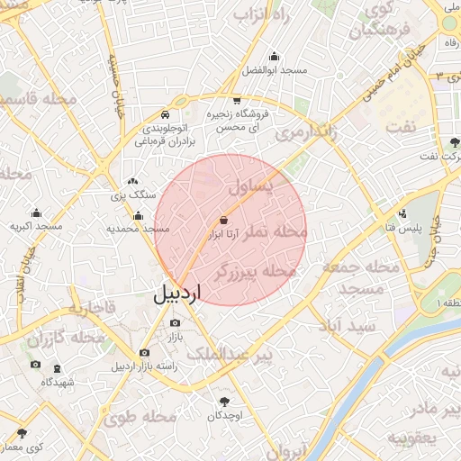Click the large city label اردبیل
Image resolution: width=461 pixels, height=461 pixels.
[x=178, y=294]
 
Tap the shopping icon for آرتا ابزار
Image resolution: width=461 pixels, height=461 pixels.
[x=223, y=220]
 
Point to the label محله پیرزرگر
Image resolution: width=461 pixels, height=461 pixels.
[x=257, y=271]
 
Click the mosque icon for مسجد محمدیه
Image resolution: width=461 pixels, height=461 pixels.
[x=138, y=215]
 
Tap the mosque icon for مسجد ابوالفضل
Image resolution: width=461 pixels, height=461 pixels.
[x=274, y=56]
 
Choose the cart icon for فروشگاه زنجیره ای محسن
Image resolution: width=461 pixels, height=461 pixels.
[x=237, y=101]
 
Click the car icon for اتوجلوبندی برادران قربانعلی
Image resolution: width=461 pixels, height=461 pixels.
[x=165, y=115]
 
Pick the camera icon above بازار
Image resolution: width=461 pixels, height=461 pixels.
[x=175, y=322]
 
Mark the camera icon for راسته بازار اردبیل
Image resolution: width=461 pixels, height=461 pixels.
[x=144, y=353]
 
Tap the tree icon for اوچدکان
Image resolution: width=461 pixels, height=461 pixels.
[x=223, y=402]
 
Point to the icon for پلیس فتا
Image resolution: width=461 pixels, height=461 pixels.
[x=402, y=214]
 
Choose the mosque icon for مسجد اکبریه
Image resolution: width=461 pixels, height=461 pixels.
[x=36, y=213]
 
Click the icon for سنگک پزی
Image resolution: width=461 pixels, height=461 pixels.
[x=132, y=182]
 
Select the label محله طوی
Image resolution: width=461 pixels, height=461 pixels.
[x=138, y=417]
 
